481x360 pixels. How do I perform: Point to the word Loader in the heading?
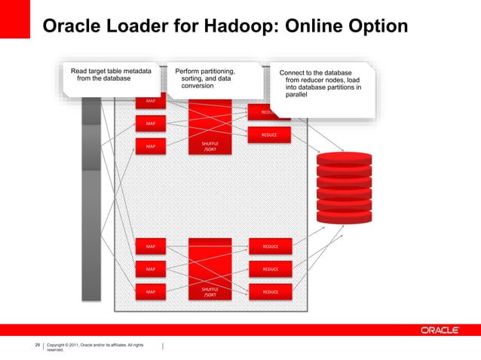[x=139, y=26]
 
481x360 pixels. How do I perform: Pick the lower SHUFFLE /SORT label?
[x=210, y=291]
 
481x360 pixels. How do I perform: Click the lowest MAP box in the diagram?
[x=151, y=291]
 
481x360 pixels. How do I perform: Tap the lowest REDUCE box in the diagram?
[x=271, y=291]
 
